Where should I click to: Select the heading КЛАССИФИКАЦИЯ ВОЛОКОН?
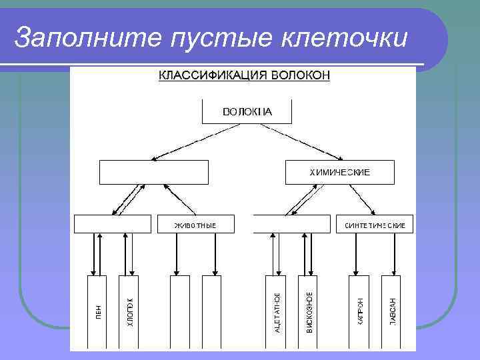tap(244, 75)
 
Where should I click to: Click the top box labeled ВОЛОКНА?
tap(247, 111)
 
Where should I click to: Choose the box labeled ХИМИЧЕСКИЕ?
tap(339, 172)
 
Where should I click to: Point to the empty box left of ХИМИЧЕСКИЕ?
tap(155, 172)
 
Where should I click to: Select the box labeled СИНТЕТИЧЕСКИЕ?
tap(375, 224)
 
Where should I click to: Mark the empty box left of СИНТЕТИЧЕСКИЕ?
tap(292, 224)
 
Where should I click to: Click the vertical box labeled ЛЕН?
tap(97, 312)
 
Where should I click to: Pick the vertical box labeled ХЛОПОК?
tap(129, 312)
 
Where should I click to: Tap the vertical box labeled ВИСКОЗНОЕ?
tap(308, 312)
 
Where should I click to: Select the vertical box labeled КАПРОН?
tap(359, 312)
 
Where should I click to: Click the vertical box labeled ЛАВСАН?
tap(391, 312)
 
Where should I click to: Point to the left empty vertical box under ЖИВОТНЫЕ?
tap(179, 312)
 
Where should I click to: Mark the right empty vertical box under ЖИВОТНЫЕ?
tap(211, 312)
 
